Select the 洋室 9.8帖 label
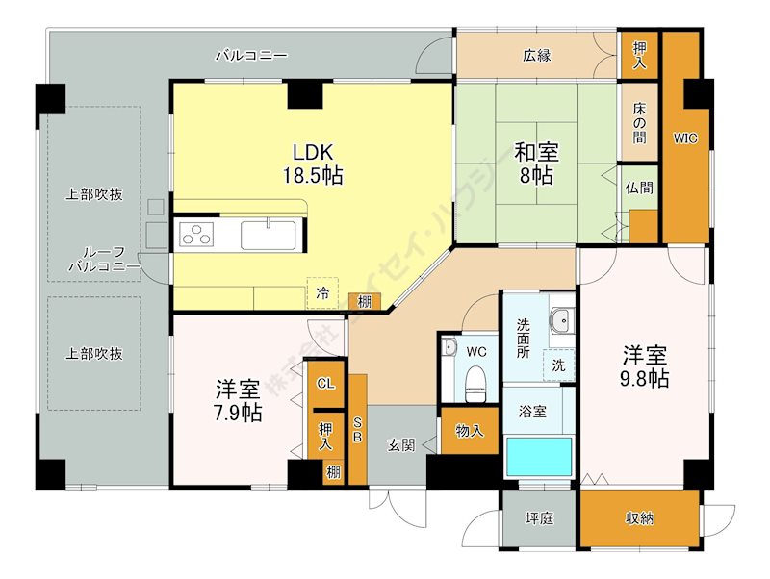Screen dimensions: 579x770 tap(645, 365)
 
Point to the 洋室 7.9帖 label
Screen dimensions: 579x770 tap(237, 401)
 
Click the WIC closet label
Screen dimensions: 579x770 tap(684, 138)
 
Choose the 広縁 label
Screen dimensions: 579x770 tap(537, 56)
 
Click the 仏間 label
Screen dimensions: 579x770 tap(638, 187)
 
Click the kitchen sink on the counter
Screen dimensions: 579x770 tap(268, 235)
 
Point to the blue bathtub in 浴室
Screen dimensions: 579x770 tap(539, 456)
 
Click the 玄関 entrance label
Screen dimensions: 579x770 tap(402, 444)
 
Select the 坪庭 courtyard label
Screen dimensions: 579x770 tap(538, 518)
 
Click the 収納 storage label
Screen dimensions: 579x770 tap(639, 518)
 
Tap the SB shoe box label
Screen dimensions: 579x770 tap(357, 429)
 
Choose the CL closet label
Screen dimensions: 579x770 tap(325, 383)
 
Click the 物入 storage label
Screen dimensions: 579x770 tap(469, 430)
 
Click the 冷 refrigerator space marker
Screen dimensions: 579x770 tap(323, 291)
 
